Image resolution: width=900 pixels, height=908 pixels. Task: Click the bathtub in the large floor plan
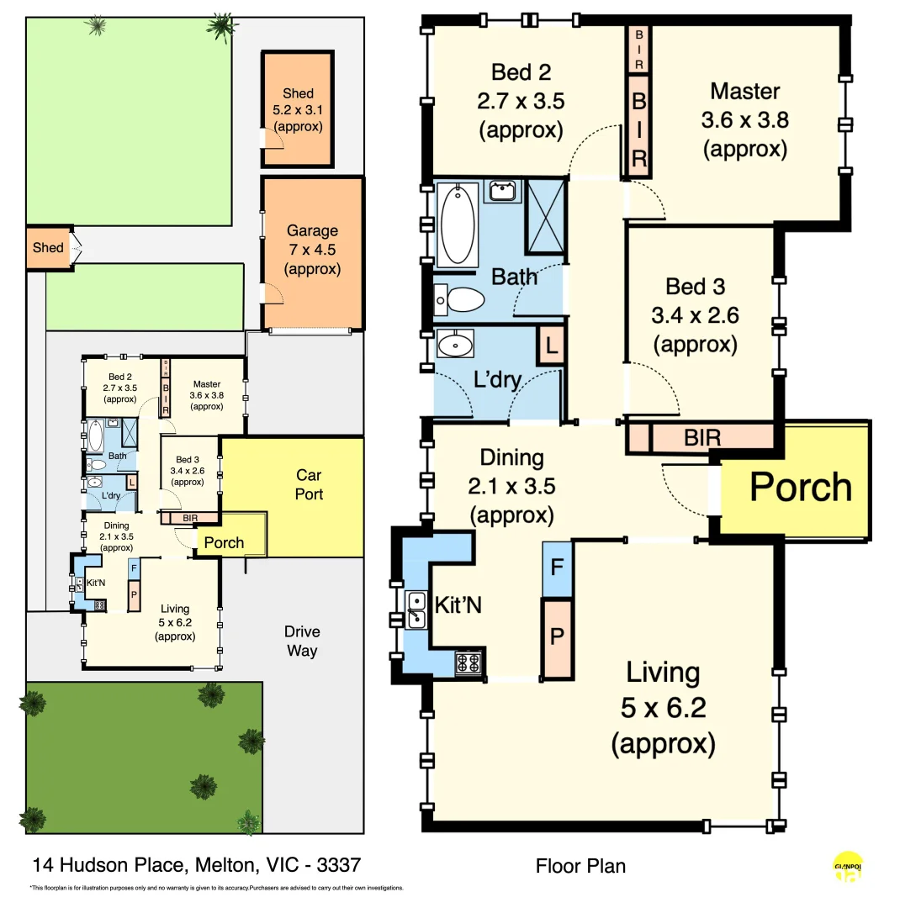click(457, 224)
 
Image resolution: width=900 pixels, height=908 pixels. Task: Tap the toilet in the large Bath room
click(459, 298)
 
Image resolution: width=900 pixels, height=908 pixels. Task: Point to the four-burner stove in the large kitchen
click(469, 663)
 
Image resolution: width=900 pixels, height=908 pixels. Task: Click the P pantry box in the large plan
click(556, 637)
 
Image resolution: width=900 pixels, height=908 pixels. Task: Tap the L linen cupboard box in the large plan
click(551, 346)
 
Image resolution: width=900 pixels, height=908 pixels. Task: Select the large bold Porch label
click(800, 487)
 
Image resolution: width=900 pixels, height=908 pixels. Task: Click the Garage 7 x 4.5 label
click(312, 250)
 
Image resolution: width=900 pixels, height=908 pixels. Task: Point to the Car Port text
click(309, 485)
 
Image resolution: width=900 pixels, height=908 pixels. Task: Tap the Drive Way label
click(301, 641)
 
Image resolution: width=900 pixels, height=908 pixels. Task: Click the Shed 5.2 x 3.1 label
click(298, 109)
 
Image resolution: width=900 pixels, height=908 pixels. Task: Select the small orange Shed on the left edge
click(48, 248)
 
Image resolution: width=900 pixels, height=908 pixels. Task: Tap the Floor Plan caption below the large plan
click(580, 866)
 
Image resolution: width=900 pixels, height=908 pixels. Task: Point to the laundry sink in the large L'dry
click(455, 344)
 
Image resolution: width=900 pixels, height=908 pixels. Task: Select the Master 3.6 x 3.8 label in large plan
click(744, 119)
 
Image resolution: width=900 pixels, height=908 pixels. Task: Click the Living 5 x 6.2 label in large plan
click(663, 708)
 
